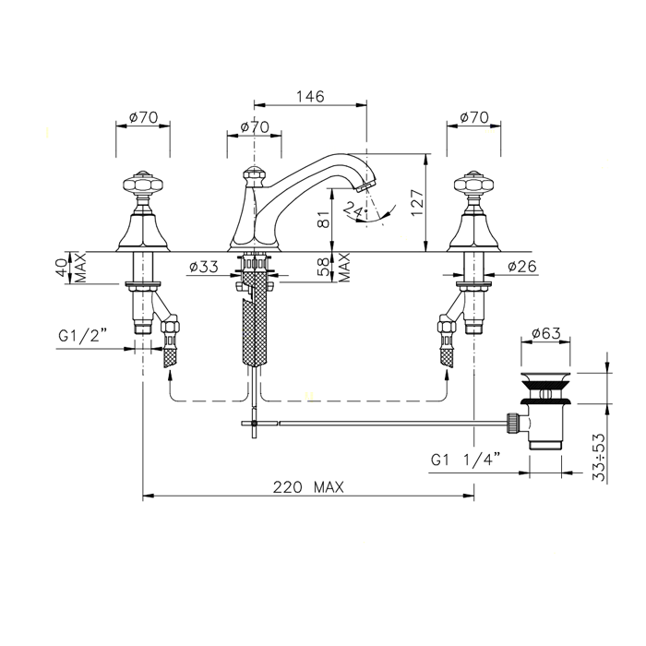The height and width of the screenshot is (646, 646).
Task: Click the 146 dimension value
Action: pos(310,96)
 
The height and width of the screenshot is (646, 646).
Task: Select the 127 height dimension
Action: pos(417,203)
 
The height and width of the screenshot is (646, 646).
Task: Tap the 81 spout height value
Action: pos(325,220)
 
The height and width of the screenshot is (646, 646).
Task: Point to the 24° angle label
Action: pos(354,209)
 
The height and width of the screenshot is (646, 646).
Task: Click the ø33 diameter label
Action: pos(204,267)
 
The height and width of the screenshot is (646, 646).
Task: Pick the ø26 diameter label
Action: pos(522,267)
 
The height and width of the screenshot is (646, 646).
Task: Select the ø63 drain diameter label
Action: pos(546,332)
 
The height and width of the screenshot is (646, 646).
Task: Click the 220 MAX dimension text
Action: pos(308,487)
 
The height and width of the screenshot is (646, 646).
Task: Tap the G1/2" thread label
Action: pos(83,336)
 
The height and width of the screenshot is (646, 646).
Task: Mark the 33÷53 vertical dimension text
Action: pos(599,457)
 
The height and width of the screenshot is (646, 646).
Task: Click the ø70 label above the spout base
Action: pos(254,126)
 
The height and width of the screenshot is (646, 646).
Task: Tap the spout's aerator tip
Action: pos(365,185)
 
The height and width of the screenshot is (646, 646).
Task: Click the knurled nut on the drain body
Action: pos(512,423)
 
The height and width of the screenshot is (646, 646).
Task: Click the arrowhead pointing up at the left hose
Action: pos(170,375)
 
